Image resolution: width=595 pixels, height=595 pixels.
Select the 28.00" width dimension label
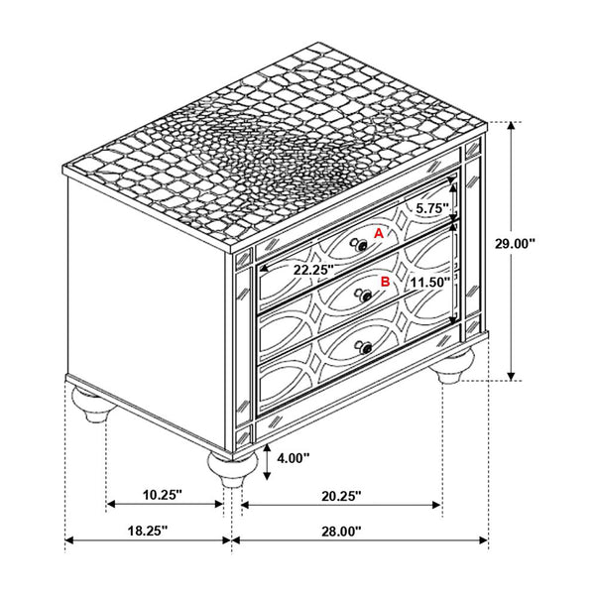point(340,532)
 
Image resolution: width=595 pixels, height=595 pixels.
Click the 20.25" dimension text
point(340,493)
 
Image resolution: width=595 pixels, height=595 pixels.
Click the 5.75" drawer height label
point(432,209)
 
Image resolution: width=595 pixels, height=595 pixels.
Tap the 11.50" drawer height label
point(427,283)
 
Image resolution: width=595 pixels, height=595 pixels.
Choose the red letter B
point(385,282)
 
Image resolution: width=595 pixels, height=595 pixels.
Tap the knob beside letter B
point(364,294)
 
